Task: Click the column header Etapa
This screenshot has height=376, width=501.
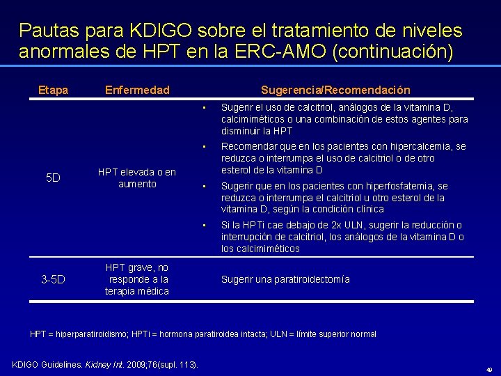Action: (x=53, y=90)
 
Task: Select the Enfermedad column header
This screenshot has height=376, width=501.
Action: (x=136, y=90)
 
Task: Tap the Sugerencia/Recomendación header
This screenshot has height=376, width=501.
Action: (x=335, y=90)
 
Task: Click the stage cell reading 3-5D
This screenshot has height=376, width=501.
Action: (x=53, y=280)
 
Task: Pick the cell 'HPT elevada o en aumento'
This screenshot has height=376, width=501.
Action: (x=137, y=178)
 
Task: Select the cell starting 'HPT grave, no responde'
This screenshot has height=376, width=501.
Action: (x=137, y=279)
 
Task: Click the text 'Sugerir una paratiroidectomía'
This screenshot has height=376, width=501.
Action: (x=285, y=279)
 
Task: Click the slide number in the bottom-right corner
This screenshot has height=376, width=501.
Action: (x=488, y=369)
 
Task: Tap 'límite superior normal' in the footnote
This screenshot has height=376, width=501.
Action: (x=339, y=334)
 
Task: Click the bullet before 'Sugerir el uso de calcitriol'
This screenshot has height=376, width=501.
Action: (x=205, y=108)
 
